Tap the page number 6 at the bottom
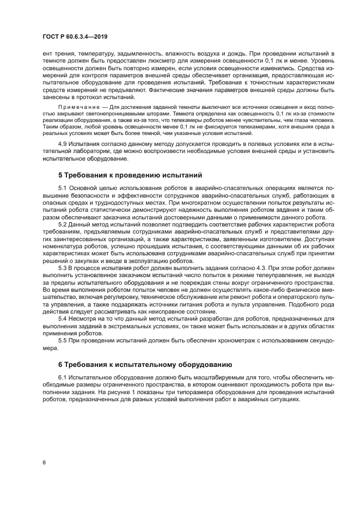click(x=44, y=463)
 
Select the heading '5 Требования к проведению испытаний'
click(x=130, y=175)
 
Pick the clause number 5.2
click(x=63, y=224)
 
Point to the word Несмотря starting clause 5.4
click(x=86, y=318)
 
